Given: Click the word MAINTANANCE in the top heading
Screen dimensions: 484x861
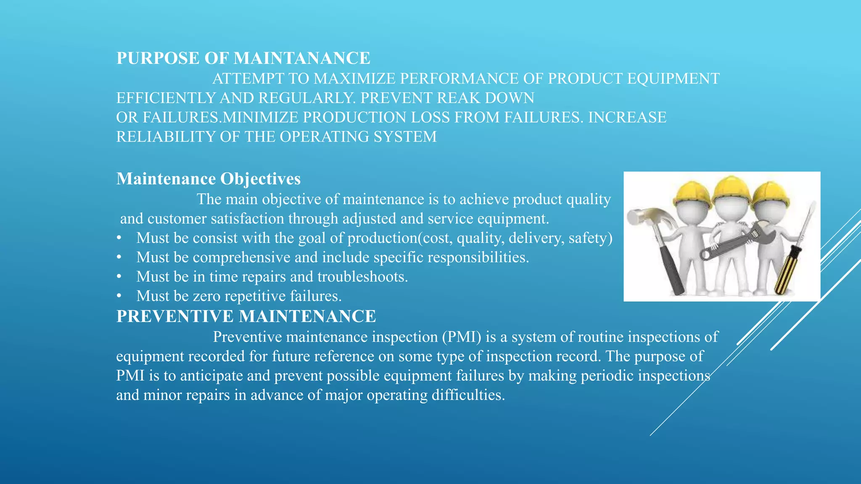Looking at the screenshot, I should point(301,58).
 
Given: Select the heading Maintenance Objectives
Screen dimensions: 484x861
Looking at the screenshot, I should point(208,179).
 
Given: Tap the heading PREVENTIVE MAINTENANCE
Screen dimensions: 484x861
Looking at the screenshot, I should point(246,316).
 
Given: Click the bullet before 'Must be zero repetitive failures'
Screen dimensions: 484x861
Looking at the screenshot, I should point(119,296).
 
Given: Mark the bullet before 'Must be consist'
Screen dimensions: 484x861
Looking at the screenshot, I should point(119,238).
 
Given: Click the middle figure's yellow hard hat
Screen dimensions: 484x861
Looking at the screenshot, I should point(732,191).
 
